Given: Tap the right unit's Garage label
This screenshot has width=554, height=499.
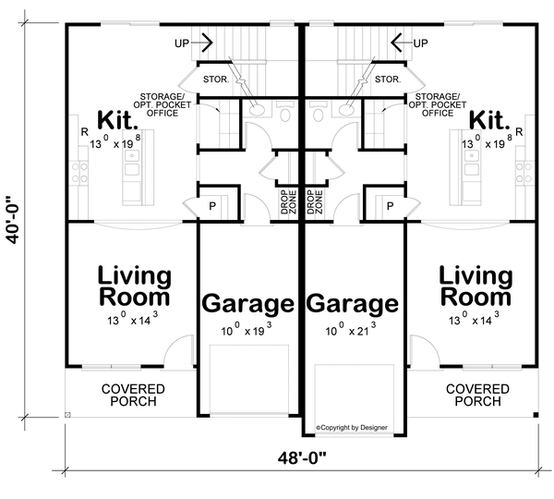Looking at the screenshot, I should coord(353,303).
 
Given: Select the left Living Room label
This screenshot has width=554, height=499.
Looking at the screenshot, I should coord(135,286).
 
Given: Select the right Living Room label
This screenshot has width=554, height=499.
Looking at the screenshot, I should coord(475,286).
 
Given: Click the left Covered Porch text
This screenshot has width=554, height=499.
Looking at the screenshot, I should coord(134,396).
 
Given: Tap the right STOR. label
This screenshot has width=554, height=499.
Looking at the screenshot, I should coord(388,79).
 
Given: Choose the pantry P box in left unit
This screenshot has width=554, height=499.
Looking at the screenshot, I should coord(211,205).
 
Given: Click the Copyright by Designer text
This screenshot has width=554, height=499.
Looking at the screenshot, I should coord(353,428).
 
